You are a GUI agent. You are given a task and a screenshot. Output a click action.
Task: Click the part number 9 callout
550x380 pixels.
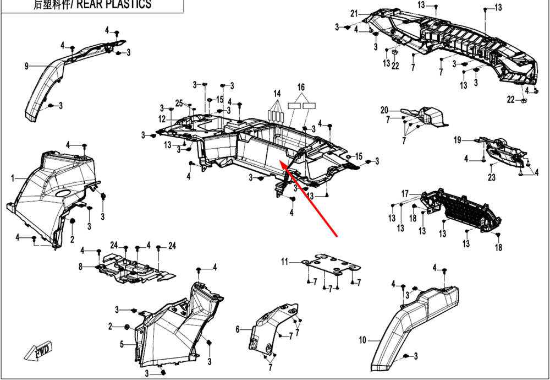(x=26, y=67)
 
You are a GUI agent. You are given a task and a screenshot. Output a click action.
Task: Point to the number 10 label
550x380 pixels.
(x=362, y=340)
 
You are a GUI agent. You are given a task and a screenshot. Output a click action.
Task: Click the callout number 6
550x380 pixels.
(x=238, y=329)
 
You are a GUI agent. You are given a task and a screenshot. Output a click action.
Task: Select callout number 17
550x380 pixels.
(x=405, y=193)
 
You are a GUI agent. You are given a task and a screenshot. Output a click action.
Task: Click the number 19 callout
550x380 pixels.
(x=457, y=140)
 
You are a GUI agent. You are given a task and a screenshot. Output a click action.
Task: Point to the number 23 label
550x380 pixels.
(x=491, y=177)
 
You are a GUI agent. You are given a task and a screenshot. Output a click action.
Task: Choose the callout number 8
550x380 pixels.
(x=80, y=267)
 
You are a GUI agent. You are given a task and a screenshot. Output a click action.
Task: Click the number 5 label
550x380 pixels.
(x=122, y=344)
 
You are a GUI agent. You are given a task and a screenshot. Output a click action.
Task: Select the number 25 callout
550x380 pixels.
(x=179, y=103)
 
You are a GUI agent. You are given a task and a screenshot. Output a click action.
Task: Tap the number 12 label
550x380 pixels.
(x=162, y=119)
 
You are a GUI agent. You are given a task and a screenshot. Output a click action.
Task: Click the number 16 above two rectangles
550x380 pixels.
(x=301, y=88)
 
